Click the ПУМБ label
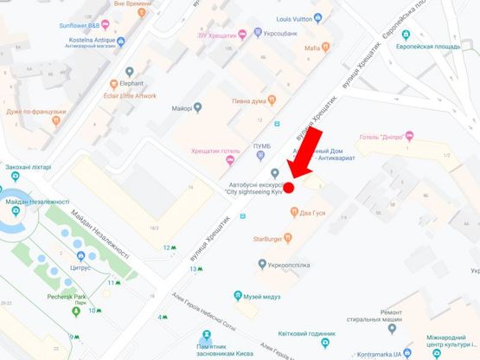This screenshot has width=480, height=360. coord(261,146)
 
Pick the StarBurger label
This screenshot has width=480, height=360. coord(270,238)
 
